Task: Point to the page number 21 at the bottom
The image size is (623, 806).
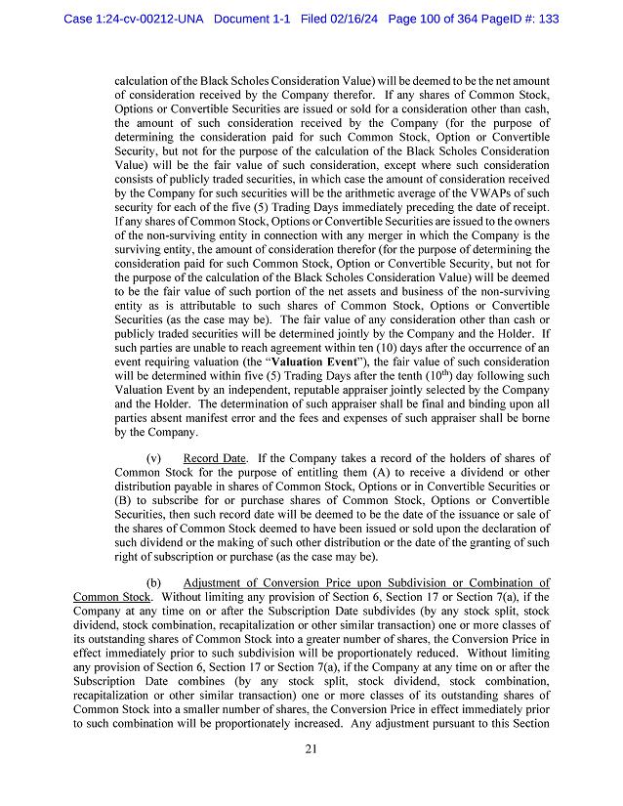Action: point(311,749)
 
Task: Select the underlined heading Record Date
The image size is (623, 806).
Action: point(214,458)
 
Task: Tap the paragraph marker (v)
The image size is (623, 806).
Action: point(153,458)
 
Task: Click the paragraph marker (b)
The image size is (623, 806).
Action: point(153,583)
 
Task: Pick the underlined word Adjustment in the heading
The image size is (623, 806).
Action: point(218,583)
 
